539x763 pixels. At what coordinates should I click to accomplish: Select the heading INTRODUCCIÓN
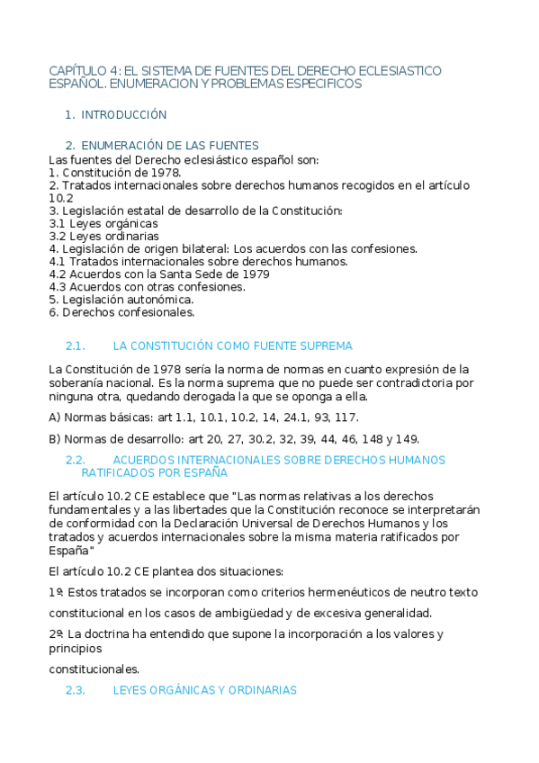pos(124,115)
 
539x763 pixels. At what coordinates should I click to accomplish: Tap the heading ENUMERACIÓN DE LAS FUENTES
pos(169,145)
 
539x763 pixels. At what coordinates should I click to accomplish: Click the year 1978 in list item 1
pos(166,172)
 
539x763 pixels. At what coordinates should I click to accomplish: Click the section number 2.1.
pos(76,346)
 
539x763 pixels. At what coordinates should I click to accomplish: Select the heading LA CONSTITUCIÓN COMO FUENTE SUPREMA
pos(233,346)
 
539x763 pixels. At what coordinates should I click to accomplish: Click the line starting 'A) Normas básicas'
pos(204,417)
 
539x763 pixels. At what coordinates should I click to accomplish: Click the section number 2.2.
pos(76,460)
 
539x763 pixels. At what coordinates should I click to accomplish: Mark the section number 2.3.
pos(76,690)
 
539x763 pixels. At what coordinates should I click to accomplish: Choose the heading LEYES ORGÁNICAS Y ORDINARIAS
pos(204,690)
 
